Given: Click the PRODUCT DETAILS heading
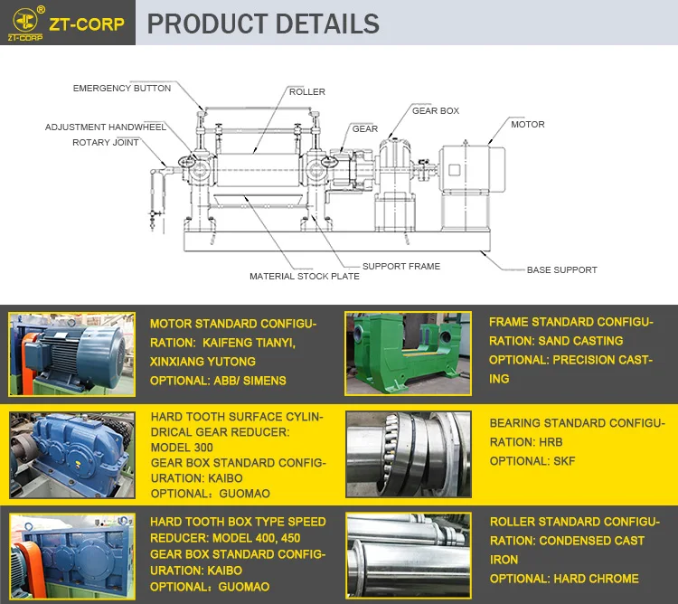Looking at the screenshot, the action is [263, 24].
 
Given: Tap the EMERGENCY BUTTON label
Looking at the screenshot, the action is [122, 89].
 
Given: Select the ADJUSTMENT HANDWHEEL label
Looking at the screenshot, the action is [106, 127].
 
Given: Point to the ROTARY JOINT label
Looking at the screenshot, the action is [105, 142].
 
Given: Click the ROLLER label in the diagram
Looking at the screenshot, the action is [307, 92].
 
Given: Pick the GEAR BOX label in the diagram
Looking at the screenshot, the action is [436, 111].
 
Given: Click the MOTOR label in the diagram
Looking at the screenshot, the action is [528, 124].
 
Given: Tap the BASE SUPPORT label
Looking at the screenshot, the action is [561, 269].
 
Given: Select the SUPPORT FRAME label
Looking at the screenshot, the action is [401, 266].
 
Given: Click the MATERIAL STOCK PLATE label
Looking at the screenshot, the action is [305, 276].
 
